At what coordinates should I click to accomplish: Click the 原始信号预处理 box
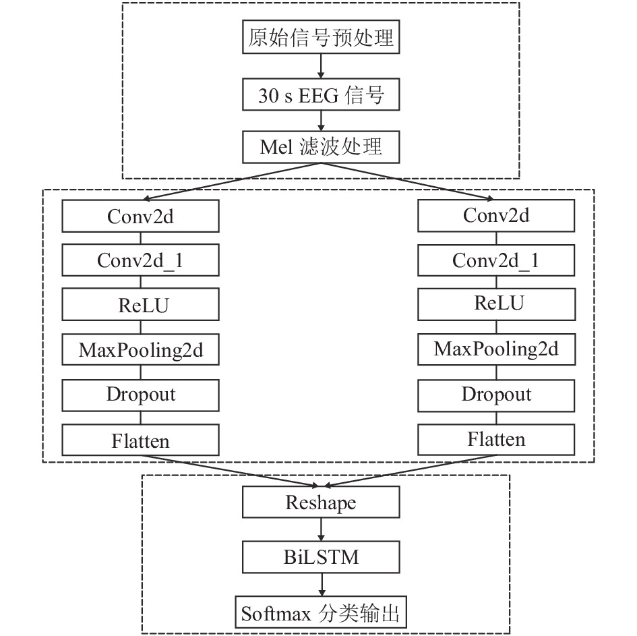tap(321, 37)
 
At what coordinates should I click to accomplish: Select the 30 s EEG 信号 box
tap(321, 94)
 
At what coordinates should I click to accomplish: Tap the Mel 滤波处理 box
tap(321, 147)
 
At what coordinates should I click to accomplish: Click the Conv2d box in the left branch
tap(141, 216)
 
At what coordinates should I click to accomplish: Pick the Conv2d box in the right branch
tap(496, 215)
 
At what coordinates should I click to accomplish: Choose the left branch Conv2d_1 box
tap(141, 260)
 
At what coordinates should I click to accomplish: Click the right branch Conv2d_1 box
tap(496, 260)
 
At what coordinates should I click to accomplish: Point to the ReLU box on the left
tap(141, 304)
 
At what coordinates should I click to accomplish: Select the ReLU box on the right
tap(496, 304)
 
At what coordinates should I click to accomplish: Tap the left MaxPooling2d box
tap(141, 349)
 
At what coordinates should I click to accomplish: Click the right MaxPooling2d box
tap(496, 349)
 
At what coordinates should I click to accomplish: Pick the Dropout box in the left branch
tap(141, 395)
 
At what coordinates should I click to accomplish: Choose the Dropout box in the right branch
tap(496, 395)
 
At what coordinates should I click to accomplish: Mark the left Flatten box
tap(141, 440)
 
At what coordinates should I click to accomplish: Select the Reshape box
tap(321, 502)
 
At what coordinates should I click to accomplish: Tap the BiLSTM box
tap(321, 557)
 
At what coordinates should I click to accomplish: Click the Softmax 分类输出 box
tap(321, 612)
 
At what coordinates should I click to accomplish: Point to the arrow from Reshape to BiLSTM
tap(322, 529)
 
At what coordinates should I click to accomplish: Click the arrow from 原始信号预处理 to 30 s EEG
tap(321, 66)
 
